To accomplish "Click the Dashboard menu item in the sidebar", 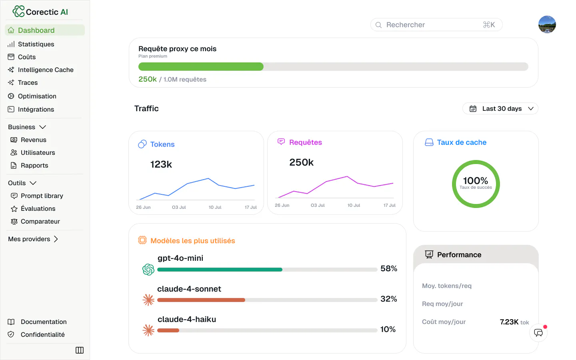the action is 45,30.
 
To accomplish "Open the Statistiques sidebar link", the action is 36,44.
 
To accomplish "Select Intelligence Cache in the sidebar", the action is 46,70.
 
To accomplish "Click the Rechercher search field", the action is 436,25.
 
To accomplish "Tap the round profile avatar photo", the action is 547,24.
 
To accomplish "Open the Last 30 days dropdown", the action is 500,108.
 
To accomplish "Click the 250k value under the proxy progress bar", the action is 147,79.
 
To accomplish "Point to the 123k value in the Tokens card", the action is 161,164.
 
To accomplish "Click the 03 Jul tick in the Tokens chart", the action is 179,207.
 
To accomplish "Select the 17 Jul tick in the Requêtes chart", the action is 389,205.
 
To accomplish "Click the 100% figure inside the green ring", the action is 476,180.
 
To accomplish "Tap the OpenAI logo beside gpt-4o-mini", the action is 148,270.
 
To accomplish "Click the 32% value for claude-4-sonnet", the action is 388,299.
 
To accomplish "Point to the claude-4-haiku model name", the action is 187,319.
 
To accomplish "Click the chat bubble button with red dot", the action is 538,333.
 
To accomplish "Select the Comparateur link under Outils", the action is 40,222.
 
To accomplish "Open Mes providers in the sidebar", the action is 33,239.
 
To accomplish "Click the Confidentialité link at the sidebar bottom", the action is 42,334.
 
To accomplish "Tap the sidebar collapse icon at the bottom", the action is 80,350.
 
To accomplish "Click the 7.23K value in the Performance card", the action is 509,322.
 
